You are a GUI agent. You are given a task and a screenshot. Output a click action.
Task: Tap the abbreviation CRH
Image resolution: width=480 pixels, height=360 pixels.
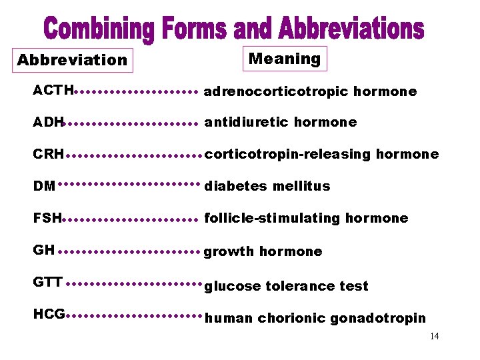click(x=48, y=155)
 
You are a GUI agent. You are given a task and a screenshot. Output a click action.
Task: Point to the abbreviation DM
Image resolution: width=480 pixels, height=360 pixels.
click(x=44, y=186)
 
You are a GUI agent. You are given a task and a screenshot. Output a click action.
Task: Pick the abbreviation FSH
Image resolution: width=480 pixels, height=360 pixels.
click(x=47, y=218)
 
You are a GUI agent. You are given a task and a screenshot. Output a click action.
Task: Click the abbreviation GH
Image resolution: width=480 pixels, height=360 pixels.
click(x=43, y=250)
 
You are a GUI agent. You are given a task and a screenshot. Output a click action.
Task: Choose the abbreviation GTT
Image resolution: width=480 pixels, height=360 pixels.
click(x=47, y=282)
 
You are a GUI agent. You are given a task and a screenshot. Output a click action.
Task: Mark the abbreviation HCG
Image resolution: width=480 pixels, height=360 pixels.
click(x=49, y=314)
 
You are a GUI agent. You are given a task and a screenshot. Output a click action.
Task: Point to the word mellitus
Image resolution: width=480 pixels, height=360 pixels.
click(x=301, y=186)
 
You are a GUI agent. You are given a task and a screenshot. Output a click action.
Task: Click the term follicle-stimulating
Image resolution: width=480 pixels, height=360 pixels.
click(x=273, y=218)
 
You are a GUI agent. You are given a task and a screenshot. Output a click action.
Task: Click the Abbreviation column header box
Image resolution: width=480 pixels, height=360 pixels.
click(x=72, y=60)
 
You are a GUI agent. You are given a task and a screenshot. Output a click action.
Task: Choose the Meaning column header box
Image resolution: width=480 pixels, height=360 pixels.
click(x=285, y=59)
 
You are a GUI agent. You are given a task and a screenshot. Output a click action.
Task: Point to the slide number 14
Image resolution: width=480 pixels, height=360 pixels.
click(x=434, y=337)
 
